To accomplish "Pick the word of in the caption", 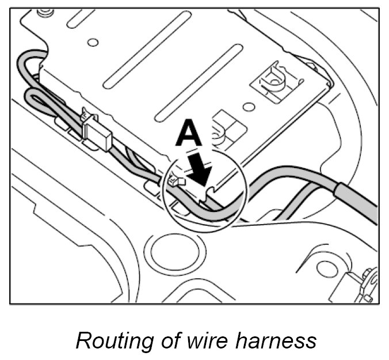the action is [163, 340].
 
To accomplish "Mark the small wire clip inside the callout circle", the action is [176, 183].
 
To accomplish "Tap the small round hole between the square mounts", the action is [249, 108].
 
